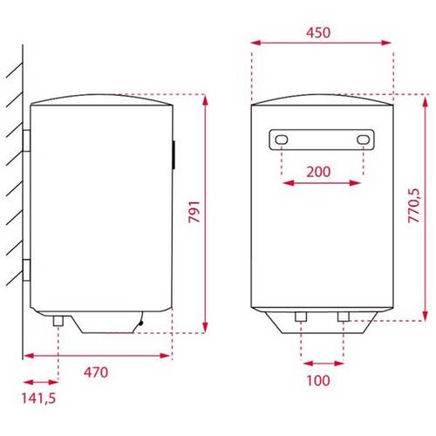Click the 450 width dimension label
point(318,32)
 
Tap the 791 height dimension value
point(194,212)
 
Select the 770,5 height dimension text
point(414,206)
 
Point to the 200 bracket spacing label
point(318,172)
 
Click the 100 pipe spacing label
point(318,380)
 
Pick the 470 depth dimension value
point(96,372)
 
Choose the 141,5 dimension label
point(38,399)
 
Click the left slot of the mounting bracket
point(282,140)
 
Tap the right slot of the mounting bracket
point(364,140)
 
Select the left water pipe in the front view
point(301,317)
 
